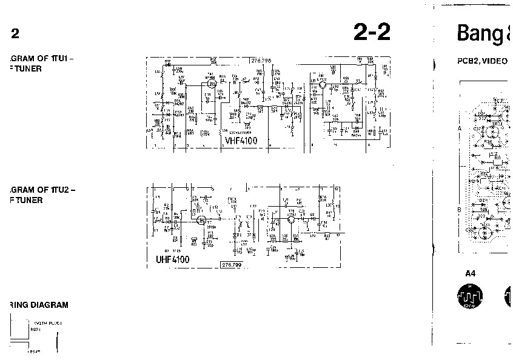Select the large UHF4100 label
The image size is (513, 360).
click(173, 260)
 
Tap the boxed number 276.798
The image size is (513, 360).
click(261, 61)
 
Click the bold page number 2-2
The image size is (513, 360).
click(371, 33)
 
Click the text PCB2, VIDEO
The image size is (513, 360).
click(482, 62)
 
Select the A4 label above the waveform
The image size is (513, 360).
click(471, 273)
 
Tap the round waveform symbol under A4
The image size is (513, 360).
click(469, 296)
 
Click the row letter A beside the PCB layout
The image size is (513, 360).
click(459, 129)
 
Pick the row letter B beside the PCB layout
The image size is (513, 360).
click(459, 209)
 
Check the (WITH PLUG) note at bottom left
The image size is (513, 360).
click(48, 322)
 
